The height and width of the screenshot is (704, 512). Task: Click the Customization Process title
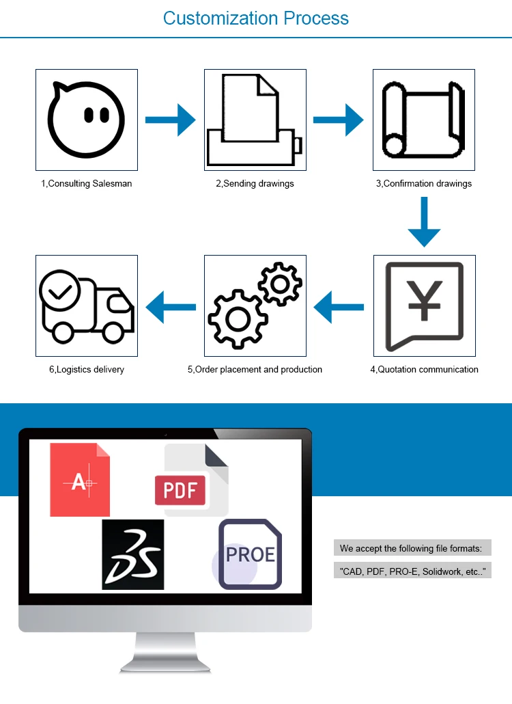(x=256, y=18)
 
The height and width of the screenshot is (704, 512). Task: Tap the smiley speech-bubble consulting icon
(x=87, y=119)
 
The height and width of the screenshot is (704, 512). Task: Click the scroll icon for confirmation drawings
(x=423, y=120)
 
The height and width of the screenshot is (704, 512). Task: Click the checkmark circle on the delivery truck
(x=60, y=291)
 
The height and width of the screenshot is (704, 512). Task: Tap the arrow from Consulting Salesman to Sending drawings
(x=171, y=120)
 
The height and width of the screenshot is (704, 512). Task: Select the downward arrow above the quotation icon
(x=424, y=221)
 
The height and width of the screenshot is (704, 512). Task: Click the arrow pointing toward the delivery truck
(x=171, y=306)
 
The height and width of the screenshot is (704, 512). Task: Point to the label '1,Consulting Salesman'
(x=87, y=183)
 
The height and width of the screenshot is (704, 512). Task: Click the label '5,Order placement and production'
(x=255, y=369)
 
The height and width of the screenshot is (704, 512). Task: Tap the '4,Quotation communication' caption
(x=424, y=369)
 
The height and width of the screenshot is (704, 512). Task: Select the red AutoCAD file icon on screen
(x=80, y=480)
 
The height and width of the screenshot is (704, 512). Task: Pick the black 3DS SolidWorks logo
(x=133, y=554)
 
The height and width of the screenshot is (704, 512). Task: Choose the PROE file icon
(x=250, y=554)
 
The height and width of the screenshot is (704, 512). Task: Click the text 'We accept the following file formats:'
(x=411, y=548)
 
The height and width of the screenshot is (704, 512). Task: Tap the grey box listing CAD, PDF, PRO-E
(x=412, y=571)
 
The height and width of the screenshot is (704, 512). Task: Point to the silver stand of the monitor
(x=165, y=653)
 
